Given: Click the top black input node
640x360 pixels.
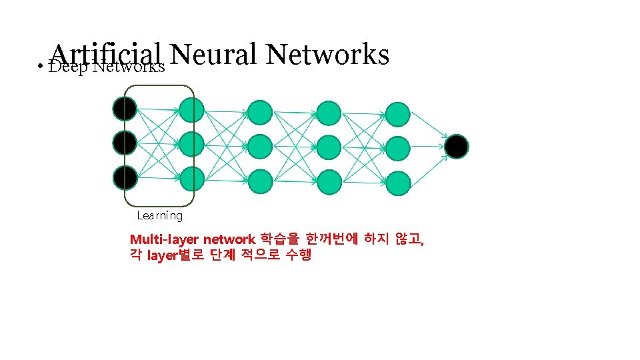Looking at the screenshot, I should click(125, 108).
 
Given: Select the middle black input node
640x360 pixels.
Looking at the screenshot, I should click(125, 142).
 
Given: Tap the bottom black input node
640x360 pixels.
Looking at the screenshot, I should click(125, 177).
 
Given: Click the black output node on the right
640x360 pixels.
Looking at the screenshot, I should click(457, 147).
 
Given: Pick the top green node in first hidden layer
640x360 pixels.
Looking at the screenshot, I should click(191, 109).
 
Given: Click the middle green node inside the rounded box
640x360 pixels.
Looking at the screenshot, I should click(191, 143).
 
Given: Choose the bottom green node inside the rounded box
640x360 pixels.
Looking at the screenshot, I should click(191, 178).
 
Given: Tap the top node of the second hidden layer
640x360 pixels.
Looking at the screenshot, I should click(260, 113).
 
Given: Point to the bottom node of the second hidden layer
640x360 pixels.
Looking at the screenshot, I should click(260, 180).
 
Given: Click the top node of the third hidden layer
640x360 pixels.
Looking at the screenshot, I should click(329, 113).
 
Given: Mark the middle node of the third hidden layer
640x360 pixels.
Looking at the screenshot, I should click(329, 146).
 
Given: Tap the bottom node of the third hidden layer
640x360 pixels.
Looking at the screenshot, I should click(329, 181).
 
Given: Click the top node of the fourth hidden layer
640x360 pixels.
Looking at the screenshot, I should click(398, 114).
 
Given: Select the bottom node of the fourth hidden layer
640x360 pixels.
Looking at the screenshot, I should click(398, 183).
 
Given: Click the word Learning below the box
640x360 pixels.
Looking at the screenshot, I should click(159, 215).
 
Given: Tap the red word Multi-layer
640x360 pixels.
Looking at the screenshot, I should click(164, 239).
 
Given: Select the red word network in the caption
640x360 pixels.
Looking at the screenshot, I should click(229, 239).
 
